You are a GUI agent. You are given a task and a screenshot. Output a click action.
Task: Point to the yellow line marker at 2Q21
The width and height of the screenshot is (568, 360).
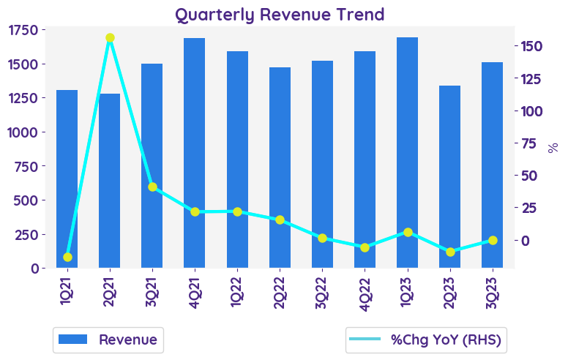(x=110, y=38)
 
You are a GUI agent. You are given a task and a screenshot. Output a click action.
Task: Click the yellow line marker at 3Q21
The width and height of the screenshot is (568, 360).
(x=152, y=187)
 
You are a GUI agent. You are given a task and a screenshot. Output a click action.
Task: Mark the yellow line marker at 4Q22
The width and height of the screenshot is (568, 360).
(x=365, y=247)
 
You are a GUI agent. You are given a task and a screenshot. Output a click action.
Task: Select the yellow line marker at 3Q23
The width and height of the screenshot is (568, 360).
(x=493, y=240)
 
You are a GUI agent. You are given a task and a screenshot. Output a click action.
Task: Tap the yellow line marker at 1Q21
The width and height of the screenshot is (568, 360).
(x=67, y=257)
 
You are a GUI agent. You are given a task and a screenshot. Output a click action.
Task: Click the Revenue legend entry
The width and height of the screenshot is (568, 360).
(x=108, y=340)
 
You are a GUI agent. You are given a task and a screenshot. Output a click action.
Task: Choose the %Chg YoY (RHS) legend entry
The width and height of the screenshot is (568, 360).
(x=427, y=340)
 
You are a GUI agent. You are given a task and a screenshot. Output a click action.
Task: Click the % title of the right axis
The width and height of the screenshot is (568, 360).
(x=553, y=147)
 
